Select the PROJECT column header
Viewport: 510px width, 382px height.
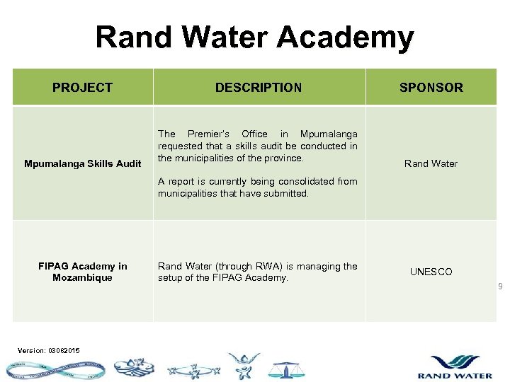coord(82,88)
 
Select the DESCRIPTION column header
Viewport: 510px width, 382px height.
coord(259,88)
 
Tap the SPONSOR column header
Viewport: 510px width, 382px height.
coord(431,88)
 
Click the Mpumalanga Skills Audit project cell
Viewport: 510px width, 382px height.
coord(83,163)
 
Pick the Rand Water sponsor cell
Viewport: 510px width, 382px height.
coord(431,163)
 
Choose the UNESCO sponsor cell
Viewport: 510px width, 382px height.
coord(431,272)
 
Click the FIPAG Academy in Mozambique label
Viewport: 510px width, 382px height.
coord(83,272)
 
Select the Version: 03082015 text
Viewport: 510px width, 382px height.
coord(49,350)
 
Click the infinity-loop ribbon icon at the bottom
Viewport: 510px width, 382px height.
coord(54,369)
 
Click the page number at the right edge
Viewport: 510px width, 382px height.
coord(500,286)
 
